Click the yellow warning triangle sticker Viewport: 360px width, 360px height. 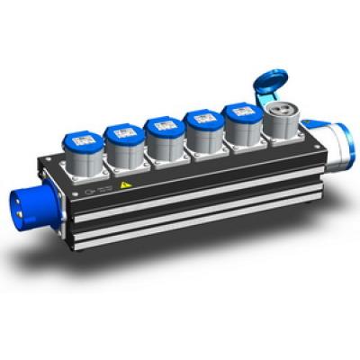pos(124,186)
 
